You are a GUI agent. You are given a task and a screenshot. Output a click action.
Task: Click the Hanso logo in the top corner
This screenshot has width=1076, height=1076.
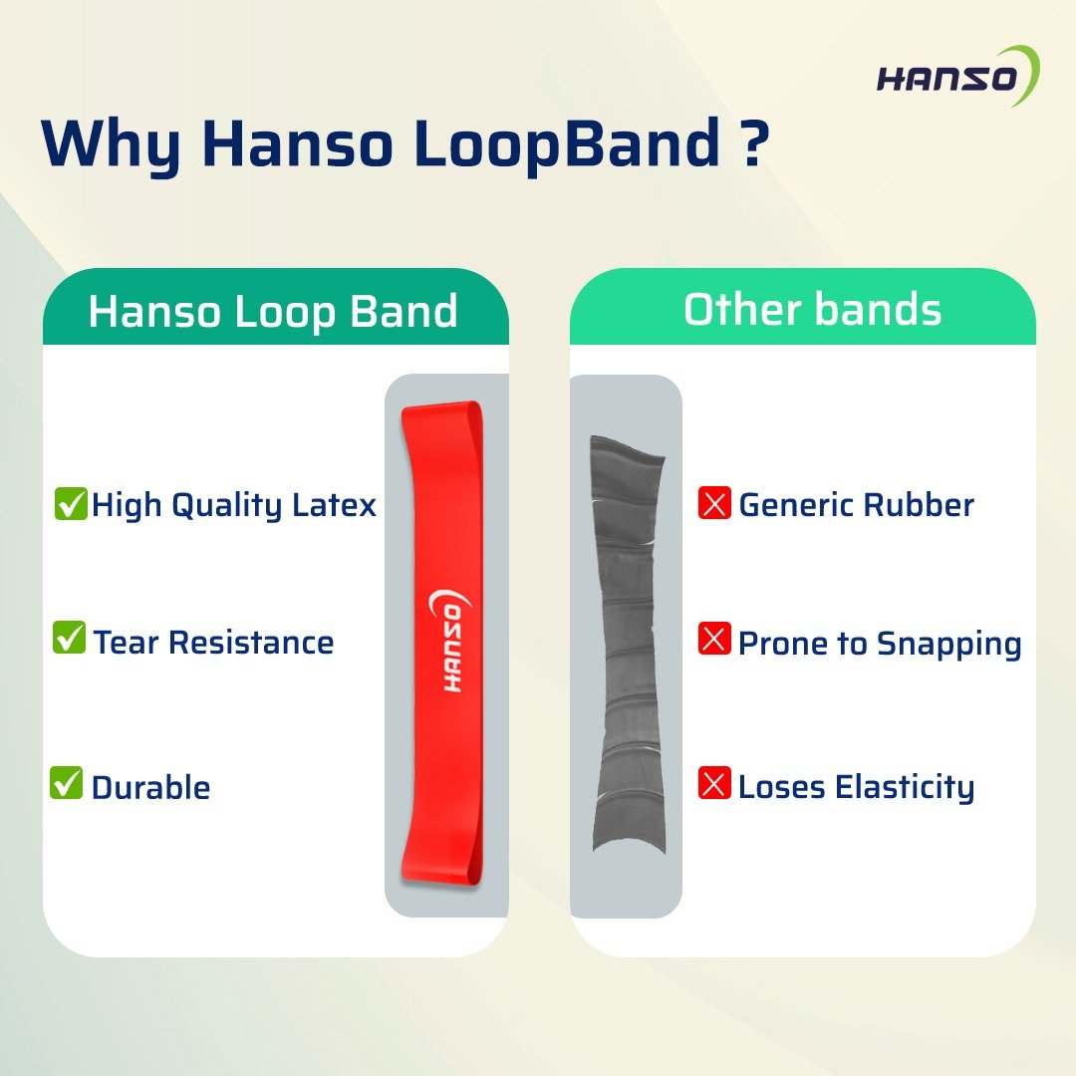pos(958,77)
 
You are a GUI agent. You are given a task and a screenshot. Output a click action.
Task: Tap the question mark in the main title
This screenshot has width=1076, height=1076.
pos(753,142)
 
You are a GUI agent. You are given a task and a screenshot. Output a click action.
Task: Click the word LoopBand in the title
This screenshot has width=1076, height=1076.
pos(567,144)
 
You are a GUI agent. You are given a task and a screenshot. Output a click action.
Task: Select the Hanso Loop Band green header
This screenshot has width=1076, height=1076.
pos(275,307)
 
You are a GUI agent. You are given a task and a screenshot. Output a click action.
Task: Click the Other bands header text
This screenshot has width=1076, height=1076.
pos(813,309)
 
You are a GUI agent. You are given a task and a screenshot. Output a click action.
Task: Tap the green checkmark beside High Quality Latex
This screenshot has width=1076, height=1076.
pos(71,503)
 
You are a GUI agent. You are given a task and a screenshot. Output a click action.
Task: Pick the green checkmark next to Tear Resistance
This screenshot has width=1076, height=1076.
pos(70,637)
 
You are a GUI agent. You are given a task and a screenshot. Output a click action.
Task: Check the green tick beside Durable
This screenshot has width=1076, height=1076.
pos(67,782)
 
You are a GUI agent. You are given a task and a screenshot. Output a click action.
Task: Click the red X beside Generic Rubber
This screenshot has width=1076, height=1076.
pos(714,503)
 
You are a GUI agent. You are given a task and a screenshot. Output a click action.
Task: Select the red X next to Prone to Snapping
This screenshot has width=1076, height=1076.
pos(714,639)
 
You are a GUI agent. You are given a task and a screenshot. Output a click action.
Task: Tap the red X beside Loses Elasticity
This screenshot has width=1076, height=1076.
pos(714,783)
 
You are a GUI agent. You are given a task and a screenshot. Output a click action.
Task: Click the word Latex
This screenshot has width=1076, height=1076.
pos(334,505)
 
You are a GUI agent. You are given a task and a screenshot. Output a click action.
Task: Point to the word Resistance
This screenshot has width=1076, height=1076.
pos(251,643)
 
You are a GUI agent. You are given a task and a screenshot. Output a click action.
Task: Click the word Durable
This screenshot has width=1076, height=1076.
pos(151,787)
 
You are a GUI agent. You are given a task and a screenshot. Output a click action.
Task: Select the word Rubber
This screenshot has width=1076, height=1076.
pos(919,505)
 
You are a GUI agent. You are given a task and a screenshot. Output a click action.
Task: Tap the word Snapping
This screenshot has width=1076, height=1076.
pos(949,645)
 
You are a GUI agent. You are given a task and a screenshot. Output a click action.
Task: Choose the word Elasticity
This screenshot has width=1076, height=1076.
pos(905,788)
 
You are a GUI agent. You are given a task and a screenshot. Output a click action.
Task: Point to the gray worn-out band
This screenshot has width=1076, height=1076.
pos(628,645)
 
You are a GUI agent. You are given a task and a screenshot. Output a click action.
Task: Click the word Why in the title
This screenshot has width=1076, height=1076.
pos(113,145)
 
